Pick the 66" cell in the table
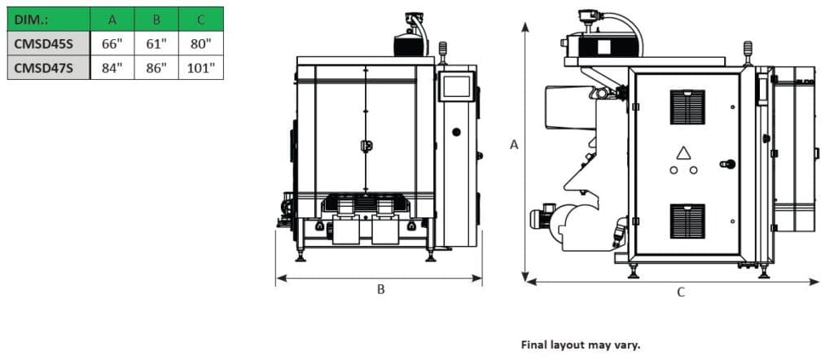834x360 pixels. point(112,42)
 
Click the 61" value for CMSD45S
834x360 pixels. point(156,42)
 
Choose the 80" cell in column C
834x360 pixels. point(200,42)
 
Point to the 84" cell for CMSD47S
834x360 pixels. point(112,67)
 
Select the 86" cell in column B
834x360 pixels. point(156,67)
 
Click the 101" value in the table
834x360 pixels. point(200,67)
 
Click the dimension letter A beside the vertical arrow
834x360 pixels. point(514,144)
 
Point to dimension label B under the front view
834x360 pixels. point(380,289)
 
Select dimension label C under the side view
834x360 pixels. point(681,292)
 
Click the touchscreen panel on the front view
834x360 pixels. point(456,86)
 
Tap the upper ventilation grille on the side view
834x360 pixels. point(687,107)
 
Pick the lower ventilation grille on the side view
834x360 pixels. point(687,221)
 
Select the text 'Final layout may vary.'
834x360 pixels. point(581,345)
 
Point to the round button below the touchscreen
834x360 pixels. point(456,132)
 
